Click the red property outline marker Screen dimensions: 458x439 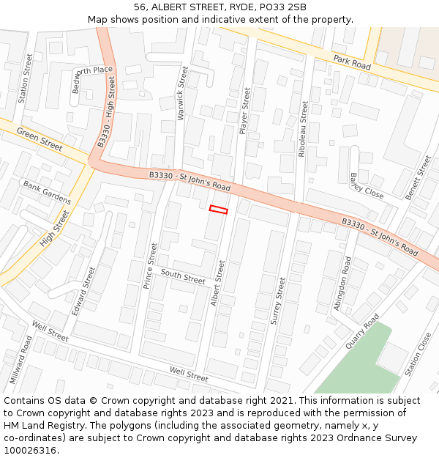point(218,210)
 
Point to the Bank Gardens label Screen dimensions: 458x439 point(47,192)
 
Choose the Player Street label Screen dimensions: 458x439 point(246,110)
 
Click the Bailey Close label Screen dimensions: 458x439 point(367,186)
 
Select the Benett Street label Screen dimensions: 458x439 point(419,177)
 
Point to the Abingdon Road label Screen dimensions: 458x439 point(342,283)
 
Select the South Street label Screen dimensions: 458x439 point(183,276)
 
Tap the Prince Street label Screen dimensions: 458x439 point(151,265)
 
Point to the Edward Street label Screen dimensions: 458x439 point(83,291)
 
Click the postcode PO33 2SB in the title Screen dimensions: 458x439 point(277,7)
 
